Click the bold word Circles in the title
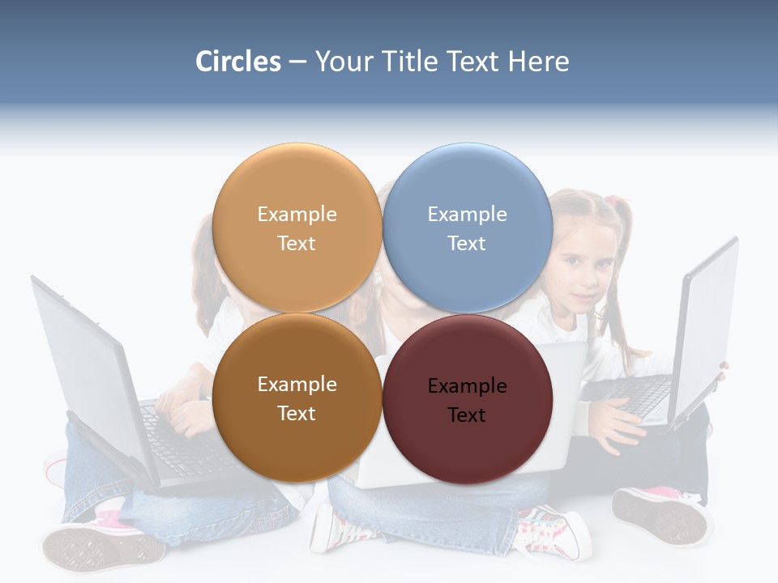[x=237, y=62]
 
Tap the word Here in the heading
[x=538, y=62]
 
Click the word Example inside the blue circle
[x=467, y=215]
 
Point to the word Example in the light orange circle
[x=297, y=215]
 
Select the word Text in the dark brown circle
[x=297, y=413]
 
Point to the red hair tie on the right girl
[x=618, y=200]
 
